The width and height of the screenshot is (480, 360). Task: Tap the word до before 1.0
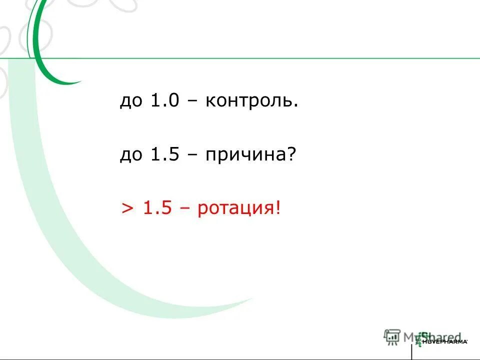click(131, 102)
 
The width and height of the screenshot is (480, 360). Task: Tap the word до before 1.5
click(131, 156)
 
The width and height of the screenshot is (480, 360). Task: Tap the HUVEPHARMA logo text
click(445, 341)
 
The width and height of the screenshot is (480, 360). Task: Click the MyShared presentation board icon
click(392, 336)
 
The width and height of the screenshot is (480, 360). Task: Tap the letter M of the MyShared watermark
click(410, 336)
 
